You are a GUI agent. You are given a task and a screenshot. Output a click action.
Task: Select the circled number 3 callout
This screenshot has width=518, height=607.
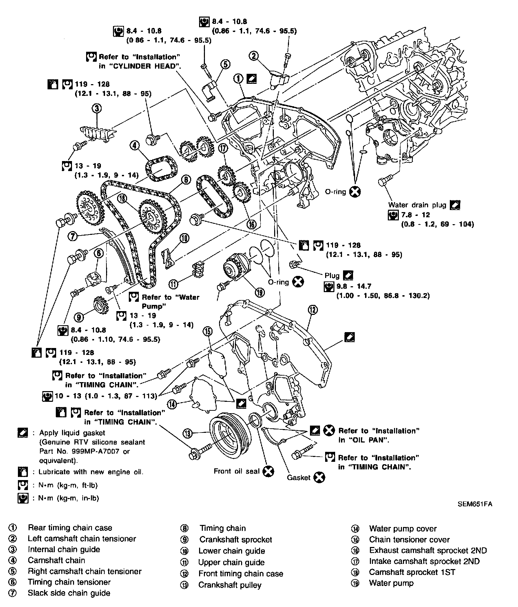[97, 109]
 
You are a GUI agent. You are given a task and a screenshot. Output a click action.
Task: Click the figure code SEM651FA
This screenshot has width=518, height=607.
[475, 504]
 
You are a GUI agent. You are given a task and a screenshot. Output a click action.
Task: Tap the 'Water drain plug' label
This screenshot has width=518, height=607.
[417, 205]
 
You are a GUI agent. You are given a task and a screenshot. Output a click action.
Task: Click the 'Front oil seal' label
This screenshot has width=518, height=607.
[236, 471]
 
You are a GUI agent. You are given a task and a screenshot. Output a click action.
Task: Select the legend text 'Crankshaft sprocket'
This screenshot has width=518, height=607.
[236, 540]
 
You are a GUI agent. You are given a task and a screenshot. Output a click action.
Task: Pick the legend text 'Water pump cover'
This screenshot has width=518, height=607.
[403, 529]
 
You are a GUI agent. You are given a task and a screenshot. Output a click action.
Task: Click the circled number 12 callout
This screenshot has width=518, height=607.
[312, 310]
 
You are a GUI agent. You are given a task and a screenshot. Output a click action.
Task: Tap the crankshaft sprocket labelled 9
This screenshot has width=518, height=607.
[101, 304]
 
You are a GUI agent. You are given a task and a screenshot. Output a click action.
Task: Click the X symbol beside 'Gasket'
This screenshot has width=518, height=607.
[320, 477]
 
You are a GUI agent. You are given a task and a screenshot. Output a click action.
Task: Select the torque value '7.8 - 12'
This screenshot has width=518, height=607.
[416, 215]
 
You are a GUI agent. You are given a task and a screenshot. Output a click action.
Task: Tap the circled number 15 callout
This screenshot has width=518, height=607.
[208, 332]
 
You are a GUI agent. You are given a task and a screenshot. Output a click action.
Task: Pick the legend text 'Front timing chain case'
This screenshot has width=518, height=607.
[240, 574]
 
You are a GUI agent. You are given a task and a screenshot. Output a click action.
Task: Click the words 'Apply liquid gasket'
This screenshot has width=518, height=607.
[72, 433]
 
